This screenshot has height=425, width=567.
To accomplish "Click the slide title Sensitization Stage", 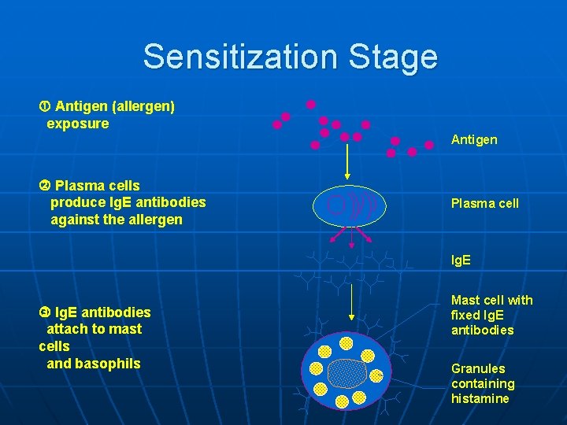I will (x=290, y=57).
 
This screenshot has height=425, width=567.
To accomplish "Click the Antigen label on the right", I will (x=473, y=139).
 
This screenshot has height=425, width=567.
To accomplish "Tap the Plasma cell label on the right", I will (x=484, y=203).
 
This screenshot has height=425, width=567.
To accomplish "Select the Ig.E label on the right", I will (x=461, y=260).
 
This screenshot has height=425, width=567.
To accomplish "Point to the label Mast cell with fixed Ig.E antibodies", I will (x=491, y=315).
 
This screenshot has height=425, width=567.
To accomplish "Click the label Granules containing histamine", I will (x=482, y=383).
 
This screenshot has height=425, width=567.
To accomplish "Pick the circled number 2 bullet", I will (x=44, y=186).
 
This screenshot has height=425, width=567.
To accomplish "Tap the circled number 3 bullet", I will (x=44, y=312).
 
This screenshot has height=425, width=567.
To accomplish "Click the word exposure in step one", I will (x=78, y=124).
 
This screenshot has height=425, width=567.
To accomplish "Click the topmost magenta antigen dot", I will (x=311, y=104).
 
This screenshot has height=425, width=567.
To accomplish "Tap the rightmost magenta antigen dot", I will (x=429, y=145).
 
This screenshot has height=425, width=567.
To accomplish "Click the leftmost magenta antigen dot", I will (x=277, y=124).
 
